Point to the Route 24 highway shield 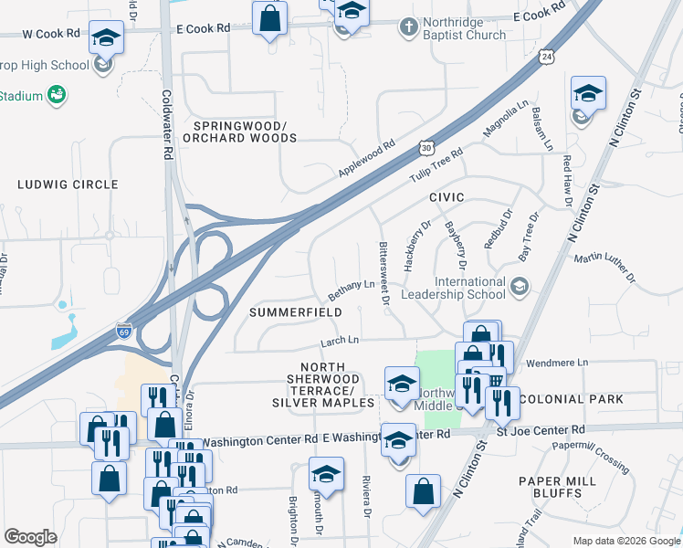[x=546, y=57]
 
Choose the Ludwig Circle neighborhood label [x=68, y=184]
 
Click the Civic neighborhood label [x=447, y=197]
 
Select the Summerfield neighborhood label [x=297, y=312]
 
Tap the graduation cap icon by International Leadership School [x=519, y=288]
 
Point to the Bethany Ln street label [x=352, y=291]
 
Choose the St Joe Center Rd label [x=540, y=429]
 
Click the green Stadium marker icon [x=57, y=94]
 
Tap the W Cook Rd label [x=51, y=34]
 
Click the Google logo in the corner [x=30, y=537]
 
